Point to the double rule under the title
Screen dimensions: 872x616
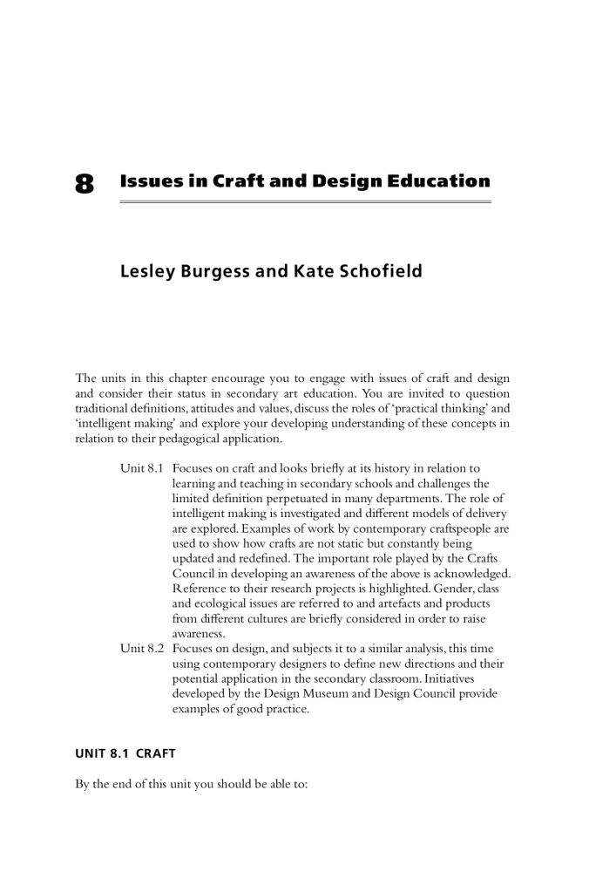[305, 202]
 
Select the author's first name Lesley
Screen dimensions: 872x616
[149, 272]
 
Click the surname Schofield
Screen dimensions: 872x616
[380, 272]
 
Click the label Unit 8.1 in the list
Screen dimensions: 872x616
[143, 469]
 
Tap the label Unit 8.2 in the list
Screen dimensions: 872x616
[143, 649]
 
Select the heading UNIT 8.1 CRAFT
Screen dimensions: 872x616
[127, 751]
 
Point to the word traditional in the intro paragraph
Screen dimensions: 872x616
[104, 408]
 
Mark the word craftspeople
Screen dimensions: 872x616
[463, 528]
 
